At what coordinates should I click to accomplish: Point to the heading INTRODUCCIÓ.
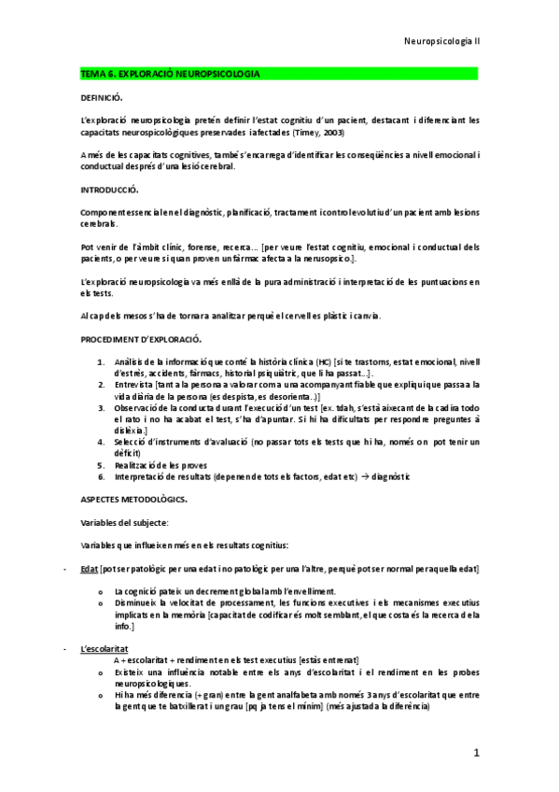tap(111, 190)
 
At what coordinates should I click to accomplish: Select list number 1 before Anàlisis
tap(101, 361)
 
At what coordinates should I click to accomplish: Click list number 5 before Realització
tap(101, 465)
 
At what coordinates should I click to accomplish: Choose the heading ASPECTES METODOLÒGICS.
tap(133, 499)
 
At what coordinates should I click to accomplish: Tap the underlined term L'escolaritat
tap(105, 647)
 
